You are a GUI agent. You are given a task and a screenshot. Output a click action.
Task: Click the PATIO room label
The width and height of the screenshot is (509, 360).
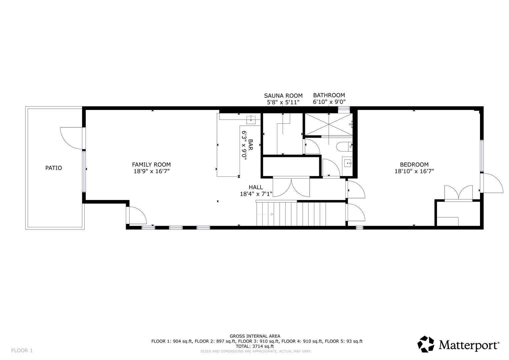[54, 168]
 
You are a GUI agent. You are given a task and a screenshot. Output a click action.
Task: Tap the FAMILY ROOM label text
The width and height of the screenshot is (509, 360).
[151, 165]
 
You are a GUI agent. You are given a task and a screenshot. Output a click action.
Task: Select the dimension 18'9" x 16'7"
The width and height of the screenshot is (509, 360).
[152, 171]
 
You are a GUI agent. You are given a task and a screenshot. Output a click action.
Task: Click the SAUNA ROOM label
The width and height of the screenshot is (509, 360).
[283, 96]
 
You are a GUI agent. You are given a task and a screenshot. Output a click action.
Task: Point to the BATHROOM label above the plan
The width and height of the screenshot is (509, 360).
[329, 95]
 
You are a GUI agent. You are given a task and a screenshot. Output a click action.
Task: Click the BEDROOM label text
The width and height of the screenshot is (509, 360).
[414, 165]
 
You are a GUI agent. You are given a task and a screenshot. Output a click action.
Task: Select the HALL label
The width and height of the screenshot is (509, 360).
[256, 187]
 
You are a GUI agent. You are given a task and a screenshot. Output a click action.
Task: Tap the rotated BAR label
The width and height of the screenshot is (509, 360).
[251, 145]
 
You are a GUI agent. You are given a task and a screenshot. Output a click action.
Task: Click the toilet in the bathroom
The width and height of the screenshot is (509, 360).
[344, 147]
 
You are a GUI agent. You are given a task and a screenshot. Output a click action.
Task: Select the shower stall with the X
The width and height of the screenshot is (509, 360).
[329, 124]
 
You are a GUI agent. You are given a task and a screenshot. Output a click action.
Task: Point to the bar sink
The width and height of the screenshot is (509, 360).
[251, 120]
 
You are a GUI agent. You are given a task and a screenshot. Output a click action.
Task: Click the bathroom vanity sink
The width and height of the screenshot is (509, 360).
[348, 163]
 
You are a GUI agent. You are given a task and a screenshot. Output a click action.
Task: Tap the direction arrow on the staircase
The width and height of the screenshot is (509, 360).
[265, 214]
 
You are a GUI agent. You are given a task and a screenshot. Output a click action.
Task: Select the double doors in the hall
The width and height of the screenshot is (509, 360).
[291, 188]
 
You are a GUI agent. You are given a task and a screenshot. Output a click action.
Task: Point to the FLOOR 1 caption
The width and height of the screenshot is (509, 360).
[22, 350]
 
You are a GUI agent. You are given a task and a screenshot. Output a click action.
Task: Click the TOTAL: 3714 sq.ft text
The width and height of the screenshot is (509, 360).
[255, 346]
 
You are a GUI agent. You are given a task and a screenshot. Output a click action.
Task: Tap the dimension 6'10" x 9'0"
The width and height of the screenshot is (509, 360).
[329, 102]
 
